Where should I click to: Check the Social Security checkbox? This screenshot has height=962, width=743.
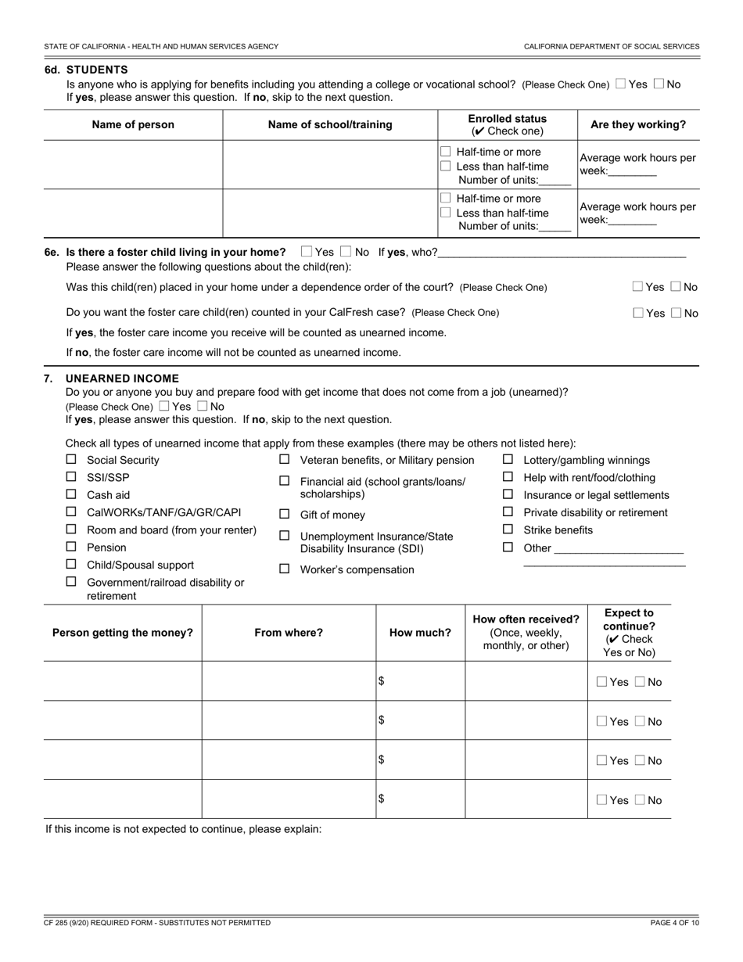pyautogui.click(x=71, y=460)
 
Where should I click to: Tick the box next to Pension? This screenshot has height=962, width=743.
pyautogui.click(x=71, y=547)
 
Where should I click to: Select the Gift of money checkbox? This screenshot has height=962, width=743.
pyautogui.click(x=285, y=515)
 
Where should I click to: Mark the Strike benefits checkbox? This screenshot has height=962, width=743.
pyautogui.click(x=508, y=529)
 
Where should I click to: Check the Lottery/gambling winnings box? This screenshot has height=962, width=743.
pyautogui.click(x=508, y=460)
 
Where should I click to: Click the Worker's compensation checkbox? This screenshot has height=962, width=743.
pyautogui.click(x=285, y=569)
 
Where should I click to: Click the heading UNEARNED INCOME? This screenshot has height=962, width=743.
pyautogui.click(x=122, y=379)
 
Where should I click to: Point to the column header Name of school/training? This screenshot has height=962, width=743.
pyautogui.click(x=330, y=124)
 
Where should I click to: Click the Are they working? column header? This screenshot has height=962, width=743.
pyautogui.click(x=638, y=124)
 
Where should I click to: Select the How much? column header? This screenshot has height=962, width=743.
pyautogui.click(x=420, y=633)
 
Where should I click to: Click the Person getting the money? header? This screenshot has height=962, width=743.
pyautogui.click(x=122, y=633)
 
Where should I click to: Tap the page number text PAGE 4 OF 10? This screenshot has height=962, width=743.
pyautogui.click(x=674, y=923)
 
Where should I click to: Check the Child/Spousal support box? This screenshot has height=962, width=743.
pyautogui.click(x=71, y=564)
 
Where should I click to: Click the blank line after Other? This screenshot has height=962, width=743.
pyautogui.click(x=618, y=548)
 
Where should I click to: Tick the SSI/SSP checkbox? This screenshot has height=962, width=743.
pyautogui.click(x=71, y=477)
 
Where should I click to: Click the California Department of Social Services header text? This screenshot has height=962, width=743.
pyautogui.click(x=612, y=46)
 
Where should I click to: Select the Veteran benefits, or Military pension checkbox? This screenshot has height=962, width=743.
pyautogui.click(x=285, y=460)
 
